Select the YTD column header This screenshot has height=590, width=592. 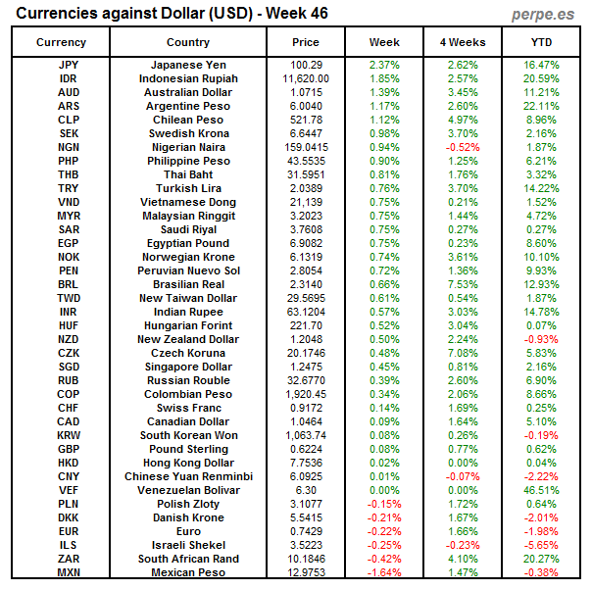tap(541, 42)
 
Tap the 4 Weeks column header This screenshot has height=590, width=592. tap(463, 42)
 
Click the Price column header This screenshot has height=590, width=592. tap(306, 42)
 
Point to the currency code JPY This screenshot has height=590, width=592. tap(69, 65)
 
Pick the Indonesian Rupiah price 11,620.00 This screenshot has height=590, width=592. tap(306, 78)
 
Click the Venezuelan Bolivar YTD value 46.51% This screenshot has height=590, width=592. tap(541, 490)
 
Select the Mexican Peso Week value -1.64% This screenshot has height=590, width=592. tap(384, 572)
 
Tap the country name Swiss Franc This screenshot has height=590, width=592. tap(188, 408)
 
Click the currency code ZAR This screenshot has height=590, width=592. tap(69, 559)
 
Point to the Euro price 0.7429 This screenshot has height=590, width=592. tap(306, 531)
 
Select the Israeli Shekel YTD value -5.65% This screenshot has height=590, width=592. tap(541, 545)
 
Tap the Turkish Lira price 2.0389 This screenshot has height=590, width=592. tap(306, 188)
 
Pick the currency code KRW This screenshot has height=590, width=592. tap(69, 435)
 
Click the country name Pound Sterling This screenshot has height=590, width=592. tap(188, 449)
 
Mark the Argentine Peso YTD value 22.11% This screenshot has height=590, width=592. tap(541, 106)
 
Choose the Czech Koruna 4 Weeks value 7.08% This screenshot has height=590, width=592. tap(463, 353)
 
